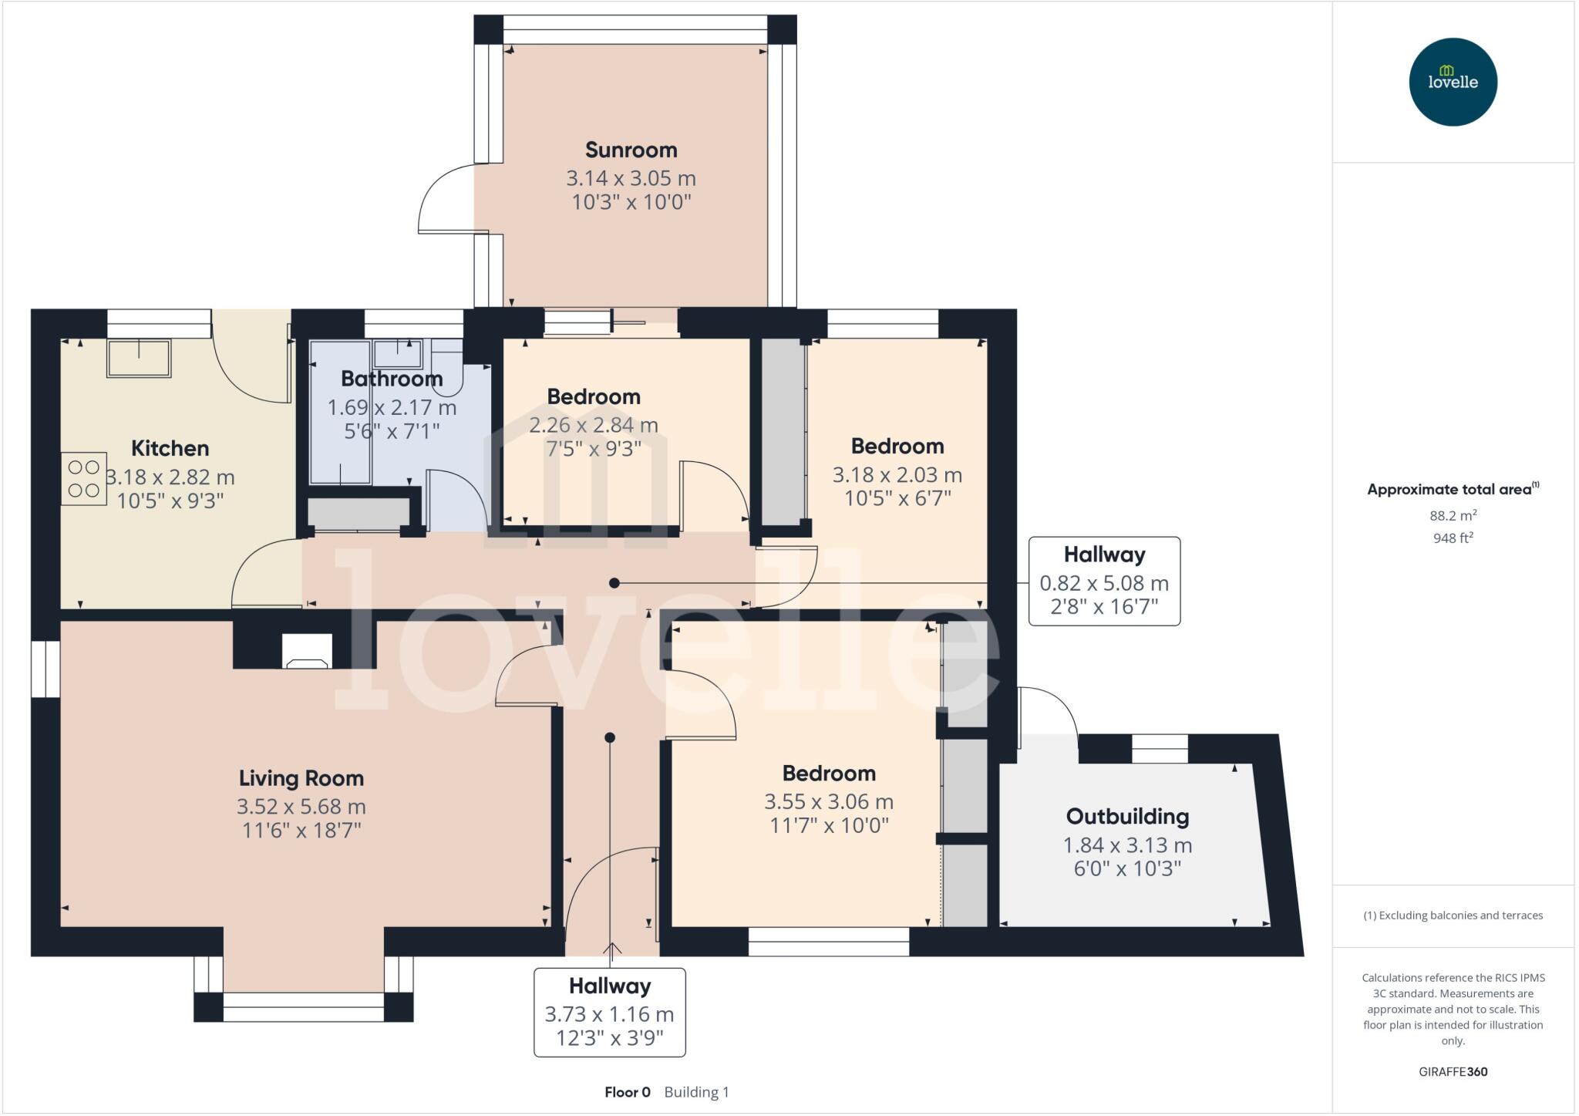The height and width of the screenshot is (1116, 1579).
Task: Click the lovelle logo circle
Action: click(x=1453, y=82)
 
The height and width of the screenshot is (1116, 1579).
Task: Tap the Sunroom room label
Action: click(x=631, y=150)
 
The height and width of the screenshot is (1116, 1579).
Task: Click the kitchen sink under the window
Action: click(x=139, y=359)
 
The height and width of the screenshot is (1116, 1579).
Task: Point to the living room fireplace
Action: click(x=307, y=652)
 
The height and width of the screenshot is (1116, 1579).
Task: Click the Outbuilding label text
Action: click(x=1127, y=816)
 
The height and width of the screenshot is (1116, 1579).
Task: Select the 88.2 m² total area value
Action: click(x=1453, y=515)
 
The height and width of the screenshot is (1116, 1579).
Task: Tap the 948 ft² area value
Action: click(x=1453, y=538)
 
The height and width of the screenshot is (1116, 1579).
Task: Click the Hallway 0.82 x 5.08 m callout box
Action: click(x=1104, y=581)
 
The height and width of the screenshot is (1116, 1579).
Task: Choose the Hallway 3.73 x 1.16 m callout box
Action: click(x=609, y=1012)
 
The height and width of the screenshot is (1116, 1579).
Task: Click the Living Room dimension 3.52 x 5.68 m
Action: click(x=301, y=807)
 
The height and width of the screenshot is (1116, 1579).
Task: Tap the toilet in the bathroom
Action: click(x=447, y=369)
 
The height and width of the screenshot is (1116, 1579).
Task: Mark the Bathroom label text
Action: click(x=392, y=379)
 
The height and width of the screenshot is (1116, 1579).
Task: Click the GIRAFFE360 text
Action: click(x=1453, y=1071)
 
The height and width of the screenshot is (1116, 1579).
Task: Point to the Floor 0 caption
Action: click(x=627, y=1092)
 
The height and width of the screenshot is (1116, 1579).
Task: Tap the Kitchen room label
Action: click(x=170, y=448)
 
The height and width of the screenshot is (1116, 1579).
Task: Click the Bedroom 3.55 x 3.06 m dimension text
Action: click(x=829, y=802)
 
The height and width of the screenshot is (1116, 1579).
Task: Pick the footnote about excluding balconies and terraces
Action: click(x=1453, y=915)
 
